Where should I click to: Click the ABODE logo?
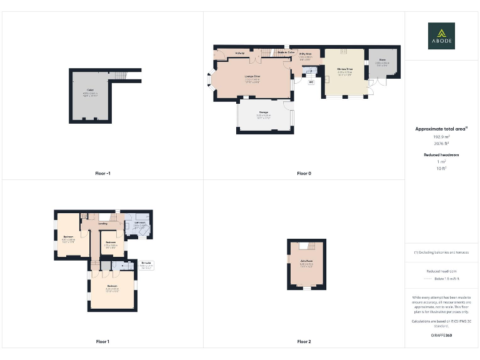441,36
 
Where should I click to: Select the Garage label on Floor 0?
263,112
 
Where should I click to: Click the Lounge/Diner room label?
252,76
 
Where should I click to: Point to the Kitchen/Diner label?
345,69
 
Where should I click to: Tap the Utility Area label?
306,54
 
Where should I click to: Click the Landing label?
102,223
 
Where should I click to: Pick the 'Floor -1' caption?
102,173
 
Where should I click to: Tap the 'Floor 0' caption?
304,173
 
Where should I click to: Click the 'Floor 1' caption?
102,341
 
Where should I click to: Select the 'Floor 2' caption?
304,341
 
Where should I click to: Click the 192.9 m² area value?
441,137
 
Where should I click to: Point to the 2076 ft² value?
441,143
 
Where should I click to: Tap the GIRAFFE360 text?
441,336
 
